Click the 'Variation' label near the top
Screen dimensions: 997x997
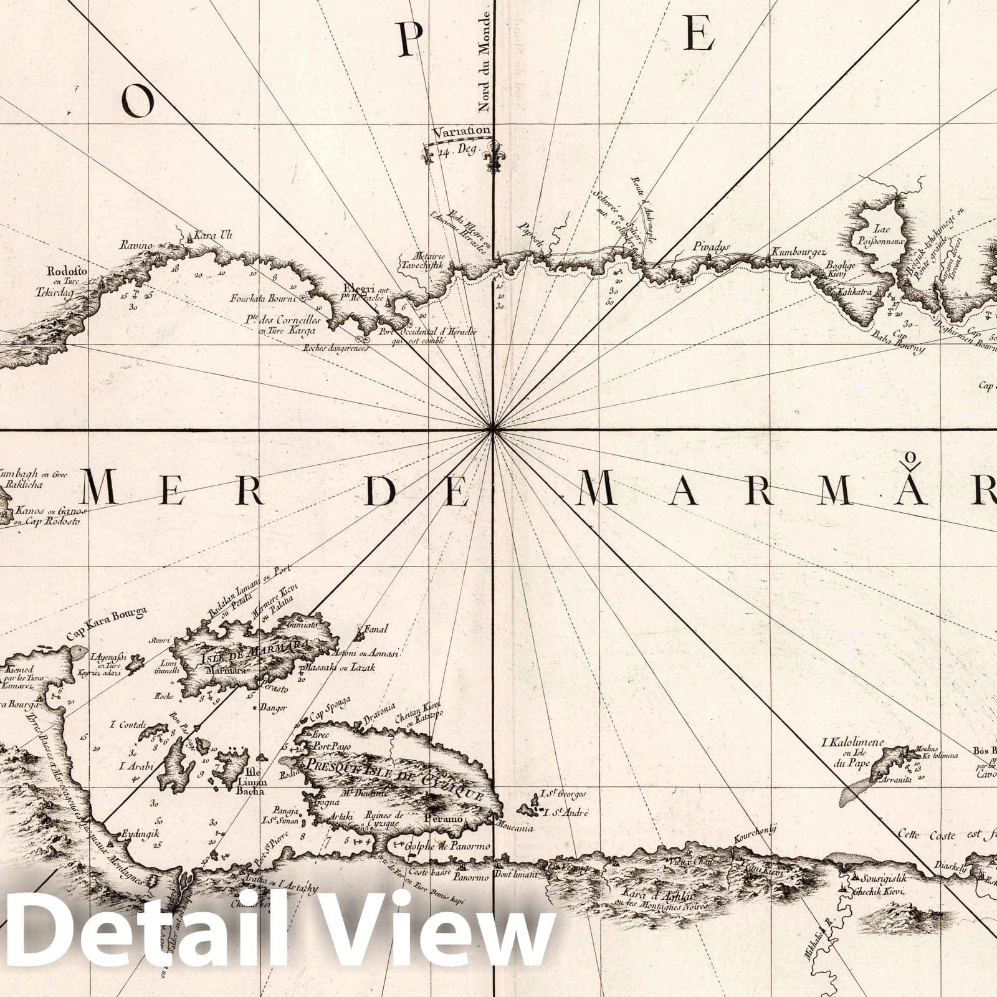tap(463, 131)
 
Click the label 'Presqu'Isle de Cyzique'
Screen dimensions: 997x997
tap(393, 779)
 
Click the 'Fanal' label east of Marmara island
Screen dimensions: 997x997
tap(376, 629)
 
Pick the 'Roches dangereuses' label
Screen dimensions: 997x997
tap(335, 348)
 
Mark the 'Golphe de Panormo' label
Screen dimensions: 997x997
tap(447, 846)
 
